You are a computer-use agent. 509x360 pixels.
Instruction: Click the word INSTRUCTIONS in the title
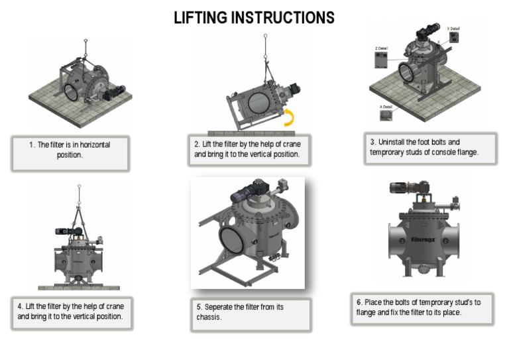(x=286, y=17)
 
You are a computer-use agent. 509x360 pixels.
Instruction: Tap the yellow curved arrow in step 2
(x=290, y=118)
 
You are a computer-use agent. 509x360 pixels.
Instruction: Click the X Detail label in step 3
(x=453, y=29)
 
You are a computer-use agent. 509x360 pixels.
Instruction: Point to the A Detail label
(x=385, y=106)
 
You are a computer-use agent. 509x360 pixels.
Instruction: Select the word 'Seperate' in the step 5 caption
(x=223, y=307)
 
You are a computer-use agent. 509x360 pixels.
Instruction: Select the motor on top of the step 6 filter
(x=403, y=189)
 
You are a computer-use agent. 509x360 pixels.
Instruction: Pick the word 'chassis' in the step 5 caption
(x=208, y=317)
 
